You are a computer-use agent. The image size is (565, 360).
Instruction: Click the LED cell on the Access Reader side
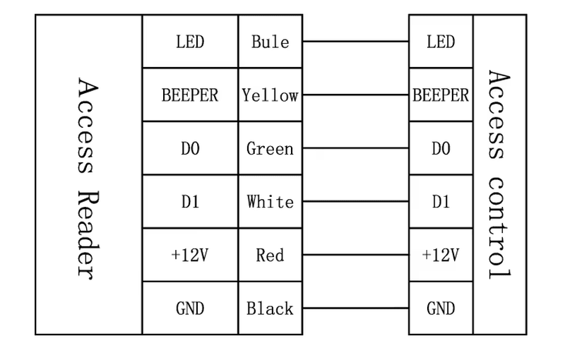(x=190, y=42)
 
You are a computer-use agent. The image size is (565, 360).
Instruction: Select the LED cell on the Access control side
(x=441, y=42)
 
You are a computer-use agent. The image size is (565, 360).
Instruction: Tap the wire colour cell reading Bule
(x=270, y=42)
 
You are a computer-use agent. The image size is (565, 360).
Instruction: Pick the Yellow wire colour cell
(x=270, y=95)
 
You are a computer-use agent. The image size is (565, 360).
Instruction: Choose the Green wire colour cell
(x=270, y=148)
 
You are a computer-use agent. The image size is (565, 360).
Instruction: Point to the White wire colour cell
(x=270, y=201)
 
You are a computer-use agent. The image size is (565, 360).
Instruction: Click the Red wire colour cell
(x=270, y=255)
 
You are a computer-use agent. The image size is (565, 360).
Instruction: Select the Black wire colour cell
(x=270, y=308)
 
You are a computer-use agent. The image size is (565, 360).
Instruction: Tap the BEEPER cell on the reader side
(x=190, y=95)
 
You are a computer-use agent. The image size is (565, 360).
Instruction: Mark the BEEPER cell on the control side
(x=441, y=95)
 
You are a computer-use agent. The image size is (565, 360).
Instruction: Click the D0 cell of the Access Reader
(x=190, y=148)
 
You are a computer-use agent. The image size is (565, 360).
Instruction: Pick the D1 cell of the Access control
(x=441, y=201)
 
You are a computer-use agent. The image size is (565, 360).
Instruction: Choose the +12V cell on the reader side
(x=190, y=255)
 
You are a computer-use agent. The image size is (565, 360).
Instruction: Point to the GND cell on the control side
(x=441, y=308)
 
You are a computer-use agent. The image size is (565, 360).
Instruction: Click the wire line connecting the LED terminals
(x=356, y=42)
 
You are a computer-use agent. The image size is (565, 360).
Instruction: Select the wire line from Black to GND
(x=356, y=308)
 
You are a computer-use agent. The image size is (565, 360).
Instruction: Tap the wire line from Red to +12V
(x=356, y=255)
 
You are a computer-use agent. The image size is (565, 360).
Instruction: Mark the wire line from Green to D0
(x=356, y=148)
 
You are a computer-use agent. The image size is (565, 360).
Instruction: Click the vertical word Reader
(x=88, y=235)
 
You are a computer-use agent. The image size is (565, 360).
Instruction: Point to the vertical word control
(x=499, y=227)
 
